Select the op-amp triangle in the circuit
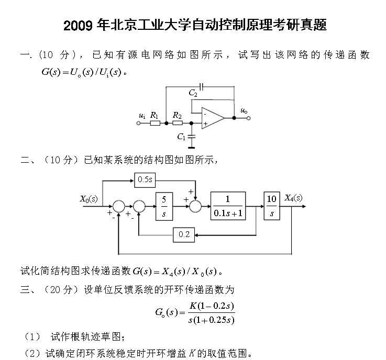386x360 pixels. coord(212,119)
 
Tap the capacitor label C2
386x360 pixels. coord(193,93)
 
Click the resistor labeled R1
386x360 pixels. coord(155,123)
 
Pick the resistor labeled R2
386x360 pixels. coord(178,123)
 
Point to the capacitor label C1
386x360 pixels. coord(181,137)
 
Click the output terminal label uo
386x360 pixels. coord(244,110)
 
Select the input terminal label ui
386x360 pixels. coord(142,115)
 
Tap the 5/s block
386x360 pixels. coord(163,206)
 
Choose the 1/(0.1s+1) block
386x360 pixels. coord(228,206)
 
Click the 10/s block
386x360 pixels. coord(271,206)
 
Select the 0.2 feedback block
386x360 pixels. coord(184,235)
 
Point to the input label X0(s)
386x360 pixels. coord(89,199)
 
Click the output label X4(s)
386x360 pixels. coord(293,198)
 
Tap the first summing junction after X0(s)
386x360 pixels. coord(119,206)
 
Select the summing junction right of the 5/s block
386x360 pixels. coord(195,206)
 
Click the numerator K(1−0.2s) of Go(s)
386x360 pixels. coord(212,306)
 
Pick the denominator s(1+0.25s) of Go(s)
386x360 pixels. coord(212,320)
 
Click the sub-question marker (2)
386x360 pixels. coord(33,353)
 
